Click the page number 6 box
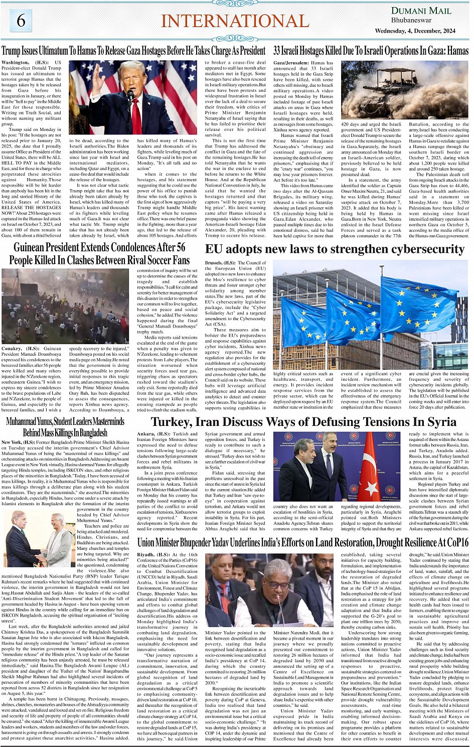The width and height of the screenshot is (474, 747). pyautogui.click(x=21, y=21)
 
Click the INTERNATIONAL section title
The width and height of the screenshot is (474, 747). pyautogui.click(x=235, y=21)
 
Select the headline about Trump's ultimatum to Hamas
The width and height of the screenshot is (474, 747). pyautogui.click(x=133, y=51)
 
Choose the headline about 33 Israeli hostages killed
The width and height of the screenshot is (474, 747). pyautogui.click(x=371, y=51)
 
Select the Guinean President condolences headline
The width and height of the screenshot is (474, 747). pyautogui.click(x=99, y=253)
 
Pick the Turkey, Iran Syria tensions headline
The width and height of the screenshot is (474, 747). pyautogui.click(x=303, y=422)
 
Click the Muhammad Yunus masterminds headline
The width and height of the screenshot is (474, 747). pyautogui.click(x=65, y=426)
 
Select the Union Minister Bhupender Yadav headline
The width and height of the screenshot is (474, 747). pyautogui.click(x=303, y=542)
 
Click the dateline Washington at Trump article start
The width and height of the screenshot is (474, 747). pyautogui.click(x=16, y=63)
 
